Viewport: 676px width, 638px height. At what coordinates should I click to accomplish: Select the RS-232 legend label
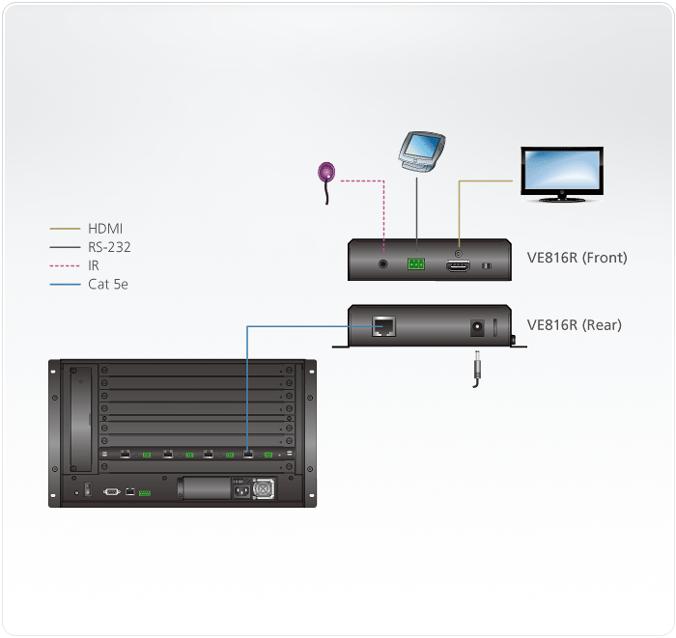pos(109,247)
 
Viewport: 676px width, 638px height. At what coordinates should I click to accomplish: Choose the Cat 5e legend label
pos(108,284)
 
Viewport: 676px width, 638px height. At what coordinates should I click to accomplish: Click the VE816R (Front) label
pos(577,258)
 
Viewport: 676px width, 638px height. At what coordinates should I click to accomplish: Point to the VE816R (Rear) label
pos(575,325)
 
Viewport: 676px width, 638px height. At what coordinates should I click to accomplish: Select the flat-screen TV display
pos(561,171)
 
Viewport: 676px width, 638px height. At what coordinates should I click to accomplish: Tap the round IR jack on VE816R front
pos(385,262)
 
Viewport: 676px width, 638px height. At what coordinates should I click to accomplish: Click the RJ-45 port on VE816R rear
pos(383,326)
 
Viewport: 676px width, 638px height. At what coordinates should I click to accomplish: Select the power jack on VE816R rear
pos(476,328)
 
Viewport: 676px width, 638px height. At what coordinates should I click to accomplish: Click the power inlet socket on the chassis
pos(238,488)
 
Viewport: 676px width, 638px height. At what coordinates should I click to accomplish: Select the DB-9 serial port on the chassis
pos(111,491)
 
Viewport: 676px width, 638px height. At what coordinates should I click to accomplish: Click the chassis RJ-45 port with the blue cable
pos(248,453)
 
